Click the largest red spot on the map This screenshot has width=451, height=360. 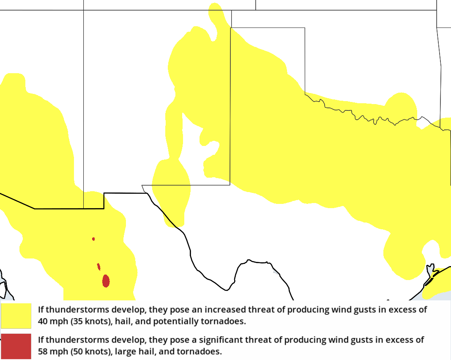click(106, 281)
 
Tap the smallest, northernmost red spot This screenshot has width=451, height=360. click(93, 239)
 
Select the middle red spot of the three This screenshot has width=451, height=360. click(98, 267)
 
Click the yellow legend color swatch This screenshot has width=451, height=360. click(16, 316)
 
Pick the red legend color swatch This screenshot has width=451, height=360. click(16, 346)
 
